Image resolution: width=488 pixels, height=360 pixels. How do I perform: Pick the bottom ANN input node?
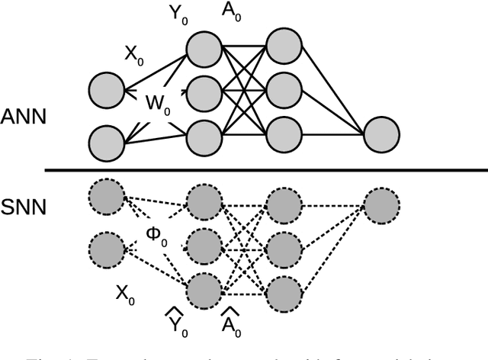click(x=107, y=142)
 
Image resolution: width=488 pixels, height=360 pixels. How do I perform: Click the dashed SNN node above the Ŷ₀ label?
click(x=203, y=290)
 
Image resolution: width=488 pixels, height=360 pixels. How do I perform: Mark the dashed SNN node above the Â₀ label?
click(x=282, y=291)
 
